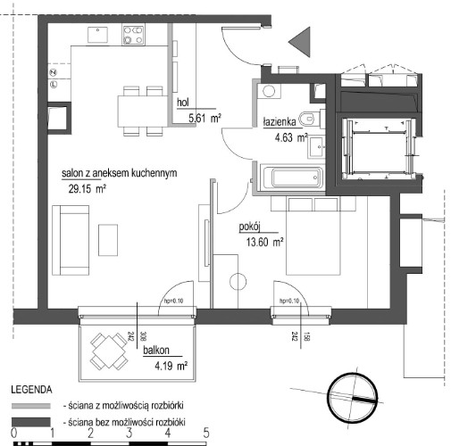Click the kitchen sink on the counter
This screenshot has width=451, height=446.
pos(97,35)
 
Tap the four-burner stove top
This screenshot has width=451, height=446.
pos(133,35)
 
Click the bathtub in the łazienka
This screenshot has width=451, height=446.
pos(292,178)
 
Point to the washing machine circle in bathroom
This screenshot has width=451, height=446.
pos(269,91)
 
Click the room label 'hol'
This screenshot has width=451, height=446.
pos(183,103)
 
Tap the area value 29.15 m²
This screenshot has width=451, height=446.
pos(88,189)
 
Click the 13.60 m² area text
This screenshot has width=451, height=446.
pos(264,242)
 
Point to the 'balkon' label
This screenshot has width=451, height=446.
pos(156,351)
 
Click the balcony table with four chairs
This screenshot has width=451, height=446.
pos(109,351)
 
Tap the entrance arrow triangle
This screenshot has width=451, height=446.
pos(299,42)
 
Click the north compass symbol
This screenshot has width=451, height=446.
pos(352,398)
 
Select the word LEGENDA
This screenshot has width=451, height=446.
pos(31,390)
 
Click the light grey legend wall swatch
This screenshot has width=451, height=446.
pos(31,406)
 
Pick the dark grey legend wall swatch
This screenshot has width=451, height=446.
pos(31,422)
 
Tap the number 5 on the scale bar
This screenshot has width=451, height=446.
pos(206,434)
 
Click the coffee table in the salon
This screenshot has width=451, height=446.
pos(108,240)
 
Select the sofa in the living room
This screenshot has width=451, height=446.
pos(71,240)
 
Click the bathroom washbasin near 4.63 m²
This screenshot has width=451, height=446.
pos(316,147)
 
